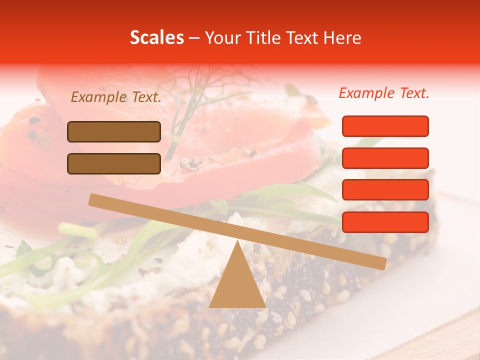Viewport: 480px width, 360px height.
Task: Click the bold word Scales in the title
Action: [157, 37]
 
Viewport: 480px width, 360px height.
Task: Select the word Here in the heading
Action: [342, 37]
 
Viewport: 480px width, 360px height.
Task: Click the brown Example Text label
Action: [116, 97]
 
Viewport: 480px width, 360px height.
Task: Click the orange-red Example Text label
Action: [384, 93]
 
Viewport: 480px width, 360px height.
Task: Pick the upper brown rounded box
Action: [114, 131]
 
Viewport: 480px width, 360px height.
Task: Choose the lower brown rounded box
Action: [114, 163]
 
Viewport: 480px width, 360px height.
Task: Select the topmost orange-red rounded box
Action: [385, 126]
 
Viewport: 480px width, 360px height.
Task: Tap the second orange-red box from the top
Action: [385, 158]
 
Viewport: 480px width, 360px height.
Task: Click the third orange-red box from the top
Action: [385, 190]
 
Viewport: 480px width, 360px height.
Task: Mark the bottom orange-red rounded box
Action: [385, 222]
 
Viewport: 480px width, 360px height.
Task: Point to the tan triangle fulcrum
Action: [237, 285]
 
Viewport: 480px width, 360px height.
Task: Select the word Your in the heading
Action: [223, 37]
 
